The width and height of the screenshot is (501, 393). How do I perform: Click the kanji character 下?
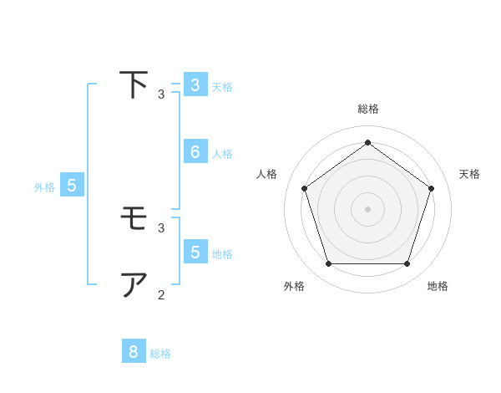tap(134, 85)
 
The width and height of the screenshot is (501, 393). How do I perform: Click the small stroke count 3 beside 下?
tap(160, 94)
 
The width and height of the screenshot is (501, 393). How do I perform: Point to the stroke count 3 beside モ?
tap(160, 227)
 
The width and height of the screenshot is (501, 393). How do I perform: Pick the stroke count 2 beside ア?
tap(160, 294)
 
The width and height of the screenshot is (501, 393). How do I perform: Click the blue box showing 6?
tap(195, 151)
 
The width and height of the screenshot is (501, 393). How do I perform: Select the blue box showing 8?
tap(134, 352)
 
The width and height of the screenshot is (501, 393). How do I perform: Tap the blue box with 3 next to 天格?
tap(195, 84)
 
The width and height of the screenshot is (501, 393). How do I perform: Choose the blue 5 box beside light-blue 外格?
tap(72, 186)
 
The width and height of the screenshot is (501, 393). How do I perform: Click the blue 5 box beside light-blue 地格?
tap(195, 252)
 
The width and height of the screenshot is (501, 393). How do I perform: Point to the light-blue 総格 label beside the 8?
tap(160, 354)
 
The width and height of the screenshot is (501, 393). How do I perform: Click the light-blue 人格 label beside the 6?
tap(222, 154)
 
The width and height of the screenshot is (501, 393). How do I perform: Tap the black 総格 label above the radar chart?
tap(367, 109)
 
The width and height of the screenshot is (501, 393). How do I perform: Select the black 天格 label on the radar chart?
tap(469, 174)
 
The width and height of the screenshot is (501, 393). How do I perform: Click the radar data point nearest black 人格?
tap(304, 188)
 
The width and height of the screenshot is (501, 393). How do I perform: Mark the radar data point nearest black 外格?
tap(328, 264)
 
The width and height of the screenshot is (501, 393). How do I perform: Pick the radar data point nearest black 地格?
tap(407, 264)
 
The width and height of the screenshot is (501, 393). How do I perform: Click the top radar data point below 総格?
tap(367, 142)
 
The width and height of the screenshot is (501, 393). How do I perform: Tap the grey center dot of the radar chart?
tap(367, 208)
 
